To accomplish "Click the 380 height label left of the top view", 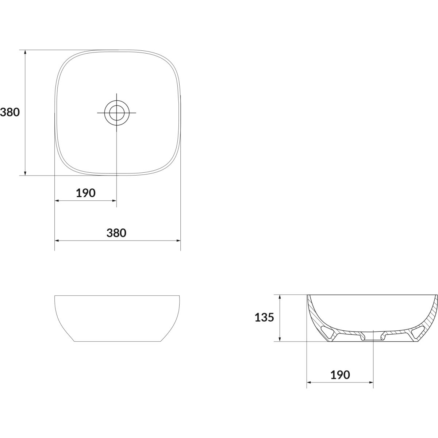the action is [x=10, y=112].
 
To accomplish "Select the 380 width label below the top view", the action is [x=116, y=233].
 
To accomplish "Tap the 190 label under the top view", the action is [x=86, y=193].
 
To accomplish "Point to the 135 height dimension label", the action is [x=264, y=318].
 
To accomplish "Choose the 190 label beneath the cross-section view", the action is [x=340, y=375].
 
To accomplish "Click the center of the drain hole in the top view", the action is [x=116, y=113].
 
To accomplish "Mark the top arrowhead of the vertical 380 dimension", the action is [x=25, y=52].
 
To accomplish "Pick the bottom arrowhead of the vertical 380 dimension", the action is [x=25, y=173].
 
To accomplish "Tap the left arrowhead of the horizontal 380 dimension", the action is [x=57, y=241].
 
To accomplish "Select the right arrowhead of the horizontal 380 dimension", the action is [x=178, y=241].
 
